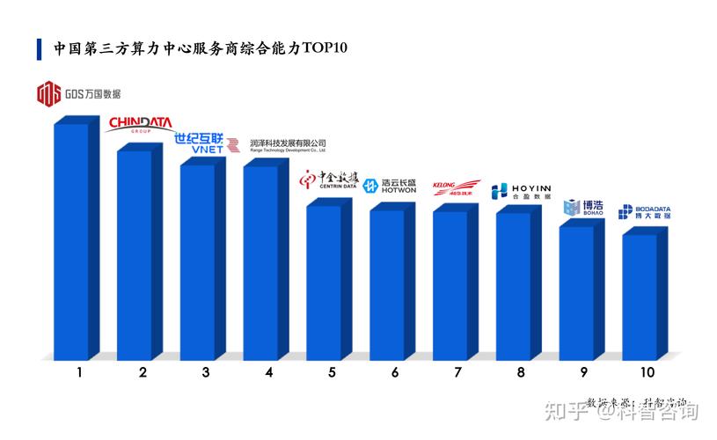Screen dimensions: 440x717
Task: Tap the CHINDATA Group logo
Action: pyautogui.click(x=141, y=125)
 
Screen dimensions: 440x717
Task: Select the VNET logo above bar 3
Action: pyautogui.click(x=206, y=143)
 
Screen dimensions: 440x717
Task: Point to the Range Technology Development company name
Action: pyautogui.click(x=288, y=144)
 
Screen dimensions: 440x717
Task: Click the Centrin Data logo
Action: pyautogui.click(x=327, y=180)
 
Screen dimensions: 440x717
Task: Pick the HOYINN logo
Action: pyautogui.click(x=521, y=190)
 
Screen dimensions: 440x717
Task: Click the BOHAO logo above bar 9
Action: pyautogui.click(x=583, y=208)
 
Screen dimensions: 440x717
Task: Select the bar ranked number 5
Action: pyautogui.click(x=324, y=282)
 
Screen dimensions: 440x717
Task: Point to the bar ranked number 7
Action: pyautogui.click(x=450, y=285)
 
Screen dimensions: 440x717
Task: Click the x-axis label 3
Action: pyautogui.click(x=205, y=372)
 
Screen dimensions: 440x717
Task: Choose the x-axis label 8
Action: pyautogui.click(x=521, y=372)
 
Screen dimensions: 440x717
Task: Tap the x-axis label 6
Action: pyautogui.click(x=395, y=372)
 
